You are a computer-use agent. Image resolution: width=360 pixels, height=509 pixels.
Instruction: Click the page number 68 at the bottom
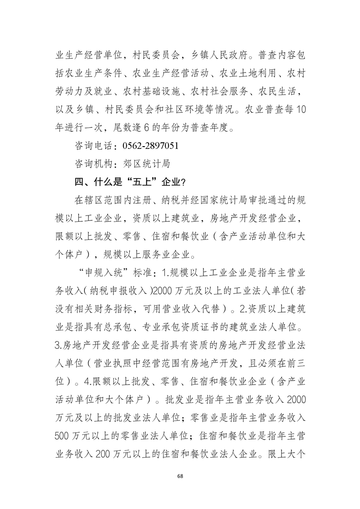[180, 475]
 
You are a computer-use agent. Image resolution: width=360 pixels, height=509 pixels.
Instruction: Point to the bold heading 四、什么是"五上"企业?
[129, 181]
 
